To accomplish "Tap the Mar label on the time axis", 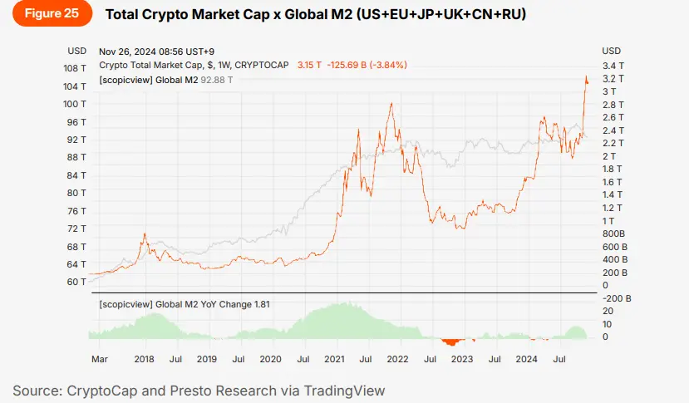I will pos(99,360).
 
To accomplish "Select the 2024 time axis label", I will pos(526,360).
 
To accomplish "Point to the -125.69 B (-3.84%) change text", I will pos(368,65).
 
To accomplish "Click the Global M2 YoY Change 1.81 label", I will pos(184,304).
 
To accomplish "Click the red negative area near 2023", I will pos(452,342).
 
